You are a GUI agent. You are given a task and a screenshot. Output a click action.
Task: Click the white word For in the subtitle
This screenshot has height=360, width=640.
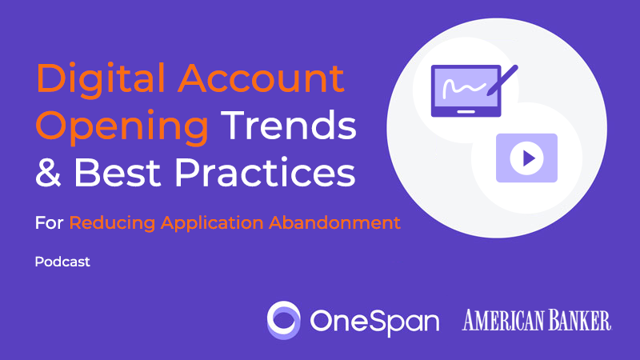[49, 223]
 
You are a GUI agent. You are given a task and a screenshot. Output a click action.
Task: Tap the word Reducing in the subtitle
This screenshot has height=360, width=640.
[110, 223]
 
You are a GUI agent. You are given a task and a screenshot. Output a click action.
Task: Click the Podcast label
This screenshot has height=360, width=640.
[62, 262]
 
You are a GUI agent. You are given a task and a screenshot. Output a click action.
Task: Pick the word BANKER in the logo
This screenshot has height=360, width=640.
[579, 320]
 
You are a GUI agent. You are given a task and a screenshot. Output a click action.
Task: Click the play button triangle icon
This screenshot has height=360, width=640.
[526, 158]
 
